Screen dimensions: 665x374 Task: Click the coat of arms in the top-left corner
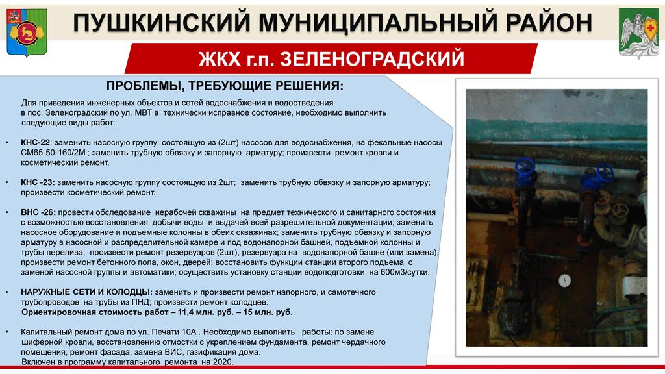(27, 33)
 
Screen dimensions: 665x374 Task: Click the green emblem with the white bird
(639, 32)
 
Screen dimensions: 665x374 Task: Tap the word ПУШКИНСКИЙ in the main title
(162, 23)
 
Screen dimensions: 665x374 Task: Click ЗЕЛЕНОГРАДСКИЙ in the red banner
(372, 59)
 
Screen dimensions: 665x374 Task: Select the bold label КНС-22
(35, 143)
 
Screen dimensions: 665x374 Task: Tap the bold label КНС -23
(38, 182)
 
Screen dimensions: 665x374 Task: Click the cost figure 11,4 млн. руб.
(211, 312)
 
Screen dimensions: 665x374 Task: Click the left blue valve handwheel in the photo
(525, 168)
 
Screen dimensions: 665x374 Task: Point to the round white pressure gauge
(564, 280)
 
